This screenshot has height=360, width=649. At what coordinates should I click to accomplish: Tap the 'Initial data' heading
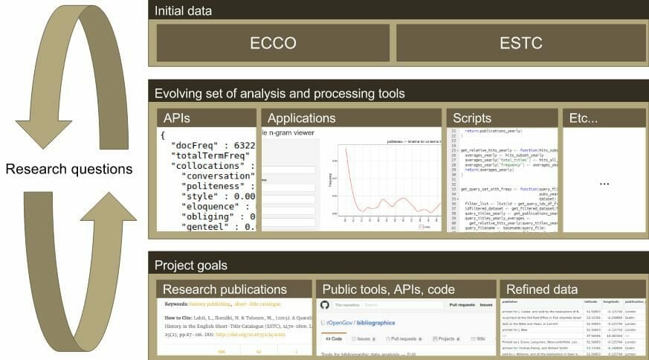[x=183, y=11]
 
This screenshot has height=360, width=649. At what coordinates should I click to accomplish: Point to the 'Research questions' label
[x=69, y=169]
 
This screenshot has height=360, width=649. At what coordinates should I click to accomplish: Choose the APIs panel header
[x=181, y=118]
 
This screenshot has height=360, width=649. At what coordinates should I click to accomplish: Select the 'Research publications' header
[x=233, y=289]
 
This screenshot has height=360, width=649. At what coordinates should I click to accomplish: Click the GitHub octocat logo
[x=324, y=305]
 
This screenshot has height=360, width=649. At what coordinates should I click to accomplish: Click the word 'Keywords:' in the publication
[x=179, y=305]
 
